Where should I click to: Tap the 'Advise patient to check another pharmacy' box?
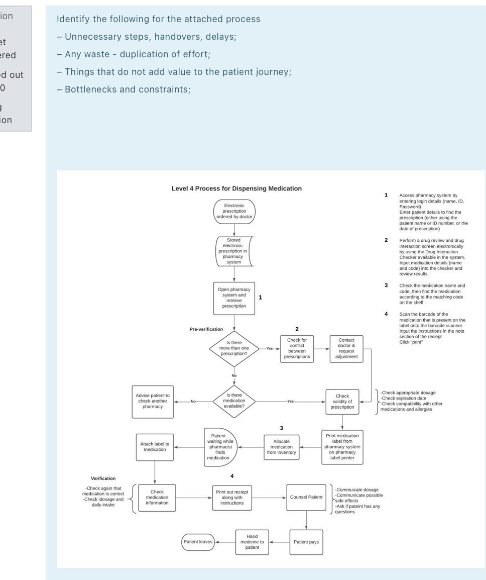(153, 402)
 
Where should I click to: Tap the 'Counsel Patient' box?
(306, 497)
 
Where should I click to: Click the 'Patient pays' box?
(306, 542)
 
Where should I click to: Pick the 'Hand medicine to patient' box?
(252, 542)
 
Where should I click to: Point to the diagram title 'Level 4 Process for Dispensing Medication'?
(236, 188)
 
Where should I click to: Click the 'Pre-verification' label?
(206, 329)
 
